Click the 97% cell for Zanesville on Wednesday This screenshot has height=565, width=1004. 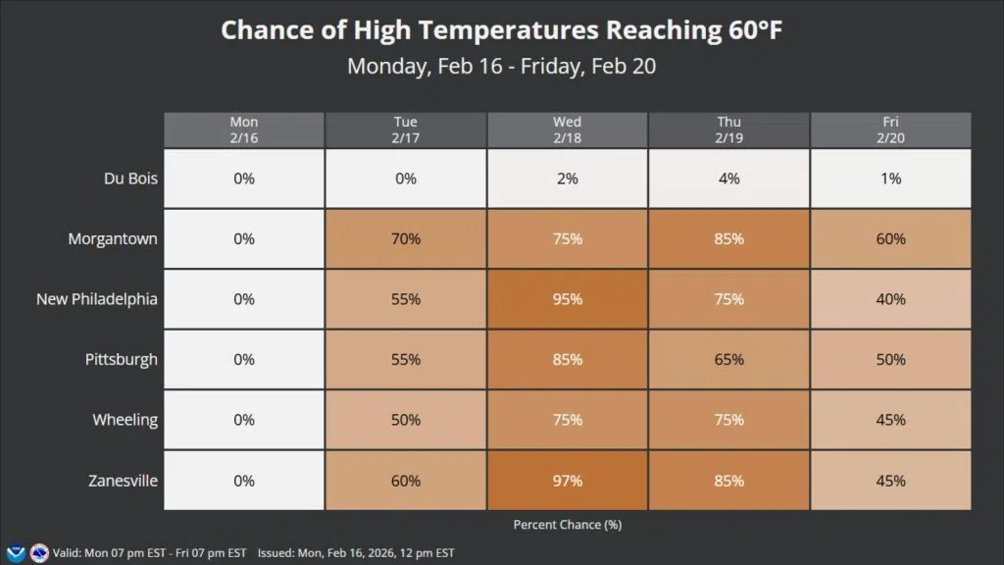point(567,481)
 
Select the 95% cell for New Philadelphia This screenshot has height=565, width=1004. point(567,299)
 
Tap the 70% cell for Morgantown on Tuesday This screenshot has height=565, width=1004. point(405,238)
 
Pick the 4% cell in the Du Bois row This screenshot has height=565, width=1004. point(728,179)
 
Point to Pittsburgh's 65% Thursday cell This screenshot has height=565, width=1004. point(728,360)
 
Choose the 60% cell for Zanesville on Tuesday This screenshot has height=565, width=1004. point(405,481)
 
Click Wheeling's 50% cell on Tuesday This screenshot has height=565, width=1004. point(405,420)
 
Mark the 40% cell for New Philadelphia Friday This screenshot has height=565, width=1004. point(890,299)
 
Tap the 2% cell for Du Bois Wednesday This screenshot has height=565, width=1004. point(567,179)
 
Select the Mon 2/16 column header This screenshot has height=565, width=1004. point(244,129)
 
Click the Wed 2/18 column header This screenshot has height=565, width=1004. point(567,129)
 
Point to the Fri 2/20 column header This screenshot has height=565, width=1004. point(890,129)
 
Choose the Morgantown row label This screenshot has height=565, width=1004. point(113,238)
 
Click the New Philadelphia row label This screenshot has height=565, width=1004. point(97,299)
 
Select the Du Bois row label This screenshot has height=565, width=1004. point(130,179)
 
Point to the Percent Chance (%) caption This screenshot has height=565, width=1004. point(567,525)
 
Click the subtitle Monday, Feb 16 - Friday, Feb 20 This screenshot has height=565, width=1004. point(501,67)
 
